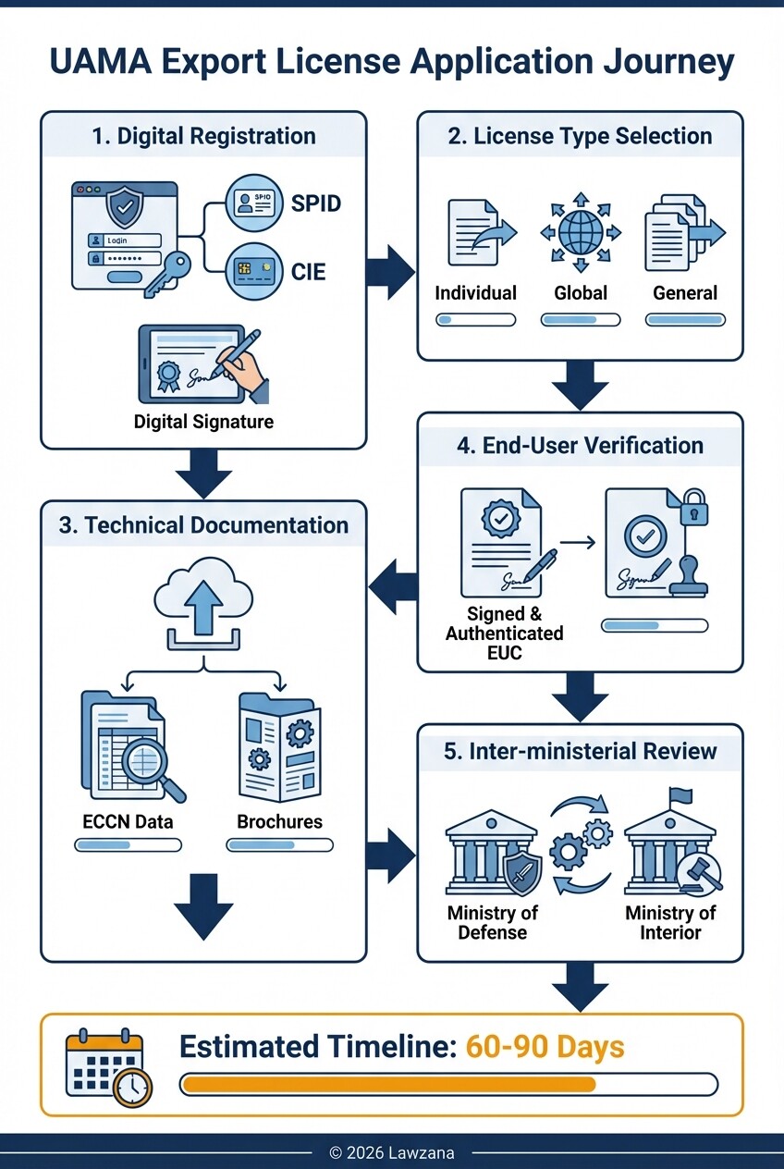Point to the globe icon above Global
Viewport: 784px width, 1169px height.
[580, 232]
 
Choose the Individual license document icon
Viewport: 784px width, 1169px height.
[474, 232]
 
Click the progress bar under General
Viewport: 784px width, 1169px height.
[685, 320]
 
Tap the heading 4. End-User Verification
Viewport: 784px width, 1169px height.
[580, 445]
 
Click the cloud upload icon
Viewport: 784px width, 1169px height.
[202, 606]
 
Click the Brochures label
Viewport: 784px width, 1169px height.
[279, 821]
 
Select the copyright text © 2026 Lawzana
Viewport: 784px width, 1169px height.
[392, 1152]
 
